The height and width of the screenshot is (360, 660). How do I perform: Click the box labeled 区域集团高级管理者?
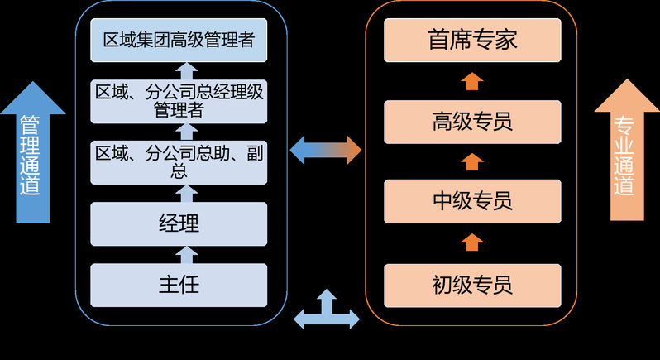pyautogui.click(x=179, y=41)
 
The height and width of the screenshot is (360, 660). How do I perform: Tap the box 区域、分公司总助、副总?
pyautogui.click(x=179, y=161)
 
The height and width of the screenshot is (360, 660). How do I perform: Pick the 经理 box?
pyautogui.click(x=179, y=223)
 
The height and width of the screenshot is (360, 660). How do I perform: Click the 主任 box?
pyautogui.click(x=179, y=286)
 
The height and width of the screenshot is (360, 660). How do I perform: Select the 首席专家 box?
pyautogui.click(x=472, y=41)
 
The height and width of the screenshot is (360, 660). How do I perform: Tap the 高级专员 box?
pyautogui.click(x=472, y=122)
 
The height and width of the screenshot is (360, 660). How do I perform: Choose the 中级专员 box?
pyautogui.click(x=472, y=200)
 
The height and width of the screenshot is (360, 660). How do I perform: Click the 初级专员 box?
pyautogui.click(x=472, y=286)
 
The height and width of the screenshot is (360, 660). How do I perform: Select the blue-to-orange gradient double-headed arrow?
pyautogui.click(x=326, y=150)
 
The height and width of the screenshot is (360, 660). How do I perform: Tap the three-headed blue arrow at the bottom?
pyautogui.click(x=327, y=310)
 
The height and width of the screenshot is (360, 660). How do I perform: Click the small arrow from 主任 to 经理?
pyautogui.click(x=187, y=253)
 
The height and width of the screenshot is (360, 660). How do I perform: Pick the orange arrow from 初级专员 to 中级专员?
pyautogui.click(x=472, y=242)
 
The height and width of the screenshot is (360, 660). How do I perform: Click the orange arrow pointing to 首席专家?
pyautogui.click(x=472, y=81)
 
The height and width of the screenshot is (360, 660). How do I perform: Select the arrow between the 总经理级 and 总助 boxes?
pyautogui.click(x=187, y=132)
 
